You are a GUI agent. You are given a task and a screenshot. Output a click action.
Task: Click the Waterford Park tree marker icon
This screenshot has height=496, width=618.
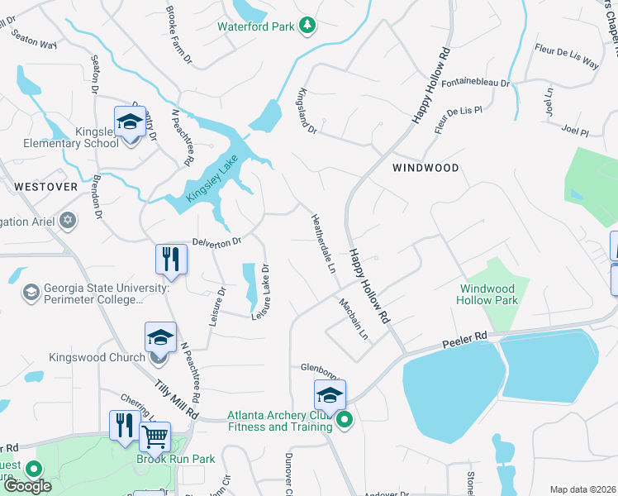click(x=307, y=26)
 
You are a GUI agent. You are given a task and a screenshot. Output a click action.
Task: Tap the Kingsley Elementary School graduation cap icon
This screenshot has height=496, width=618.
click(x=130, y=122)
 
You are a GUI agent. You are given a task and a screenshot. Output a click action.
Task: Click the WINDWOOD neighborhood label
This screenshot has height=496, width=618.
click(x=425, y=167)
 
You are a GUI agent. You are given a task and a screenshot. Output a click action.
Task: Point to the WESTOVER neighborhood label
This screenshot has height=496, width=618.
click(x=45, y=187)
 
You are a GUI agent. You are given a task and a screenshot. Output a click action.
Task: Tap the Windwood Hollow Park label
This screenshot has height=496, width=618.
click(x=488, y=294)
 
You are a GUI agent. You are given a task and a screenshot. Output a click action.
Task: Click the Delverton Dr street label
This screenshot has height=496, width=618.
click(x=216, y=242)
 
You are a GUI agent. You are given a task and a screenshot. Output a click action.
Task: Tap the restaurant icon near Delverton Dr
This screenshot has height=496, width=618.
click(x=171, y=259)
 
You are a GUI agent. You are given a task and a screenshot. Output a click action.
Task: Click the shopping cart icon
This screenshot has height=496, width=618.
click(x=154, y=436)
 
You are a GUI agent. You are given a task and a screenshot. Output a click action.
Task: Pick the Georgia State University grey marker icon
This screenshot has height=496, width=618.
click(x=31, y=292)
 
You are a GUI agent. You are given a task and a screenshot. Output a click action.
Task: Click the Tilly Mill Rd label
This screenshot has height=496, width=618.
click(x=178, y=399)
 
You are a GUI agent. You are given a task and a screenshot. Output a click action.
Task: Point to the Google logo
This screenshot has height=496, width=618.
click(x=27, y=485)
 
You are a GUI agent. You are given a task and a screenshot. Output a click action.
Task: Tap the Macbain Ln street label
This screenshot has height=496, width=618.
click(x=353, y=318)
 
